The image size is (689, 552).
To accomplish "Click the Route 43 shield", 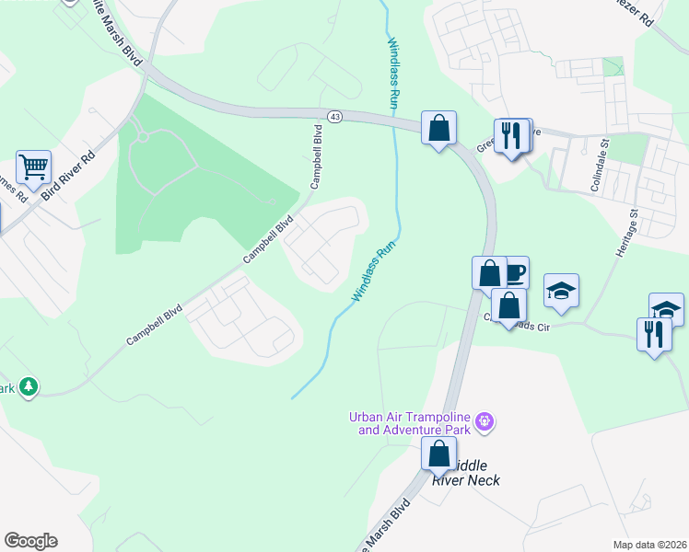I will click(334, 117).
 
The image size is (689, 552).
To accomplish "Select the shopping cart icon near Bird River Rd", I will click(33, 167).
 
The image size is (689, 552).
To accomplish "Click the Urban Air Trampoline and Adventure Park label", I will click(410, 423).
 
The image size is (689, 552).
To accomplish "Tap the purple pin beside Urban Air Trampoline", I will click(485, 423).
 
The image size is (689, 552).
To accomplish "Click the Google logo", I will click(30, 541).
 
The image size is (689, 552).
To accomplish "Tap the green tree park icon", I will click(29, 386).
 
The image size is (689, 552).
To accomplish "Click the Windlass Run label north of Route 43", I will click(391, 74).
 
